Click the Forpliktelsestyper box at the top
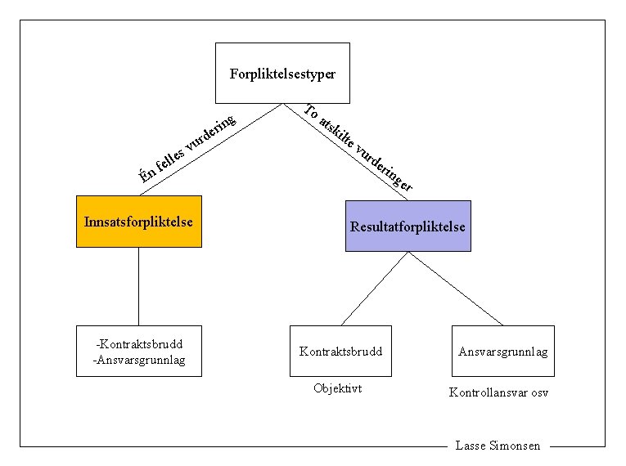click(x=282, y=73)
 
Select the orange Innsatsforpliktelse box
click(x=138, y=222)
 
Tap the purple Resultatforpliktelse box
click(x=408, y=226)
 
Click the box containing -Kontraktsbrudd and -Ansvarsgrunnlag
click(x=138, y=351)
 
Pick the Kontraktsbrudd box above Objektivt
click(x=340, y=351)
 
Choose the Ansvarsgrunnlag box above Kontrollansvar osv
click(x=502, y=351)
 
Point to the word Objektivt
click(x=337, y=388)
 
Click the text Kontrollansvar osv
click(x=498, y=392)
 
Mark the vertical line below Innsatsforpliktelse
click(x=138, y=286)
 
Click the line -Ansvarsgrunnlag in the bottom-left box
click(x=138, y=358)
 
